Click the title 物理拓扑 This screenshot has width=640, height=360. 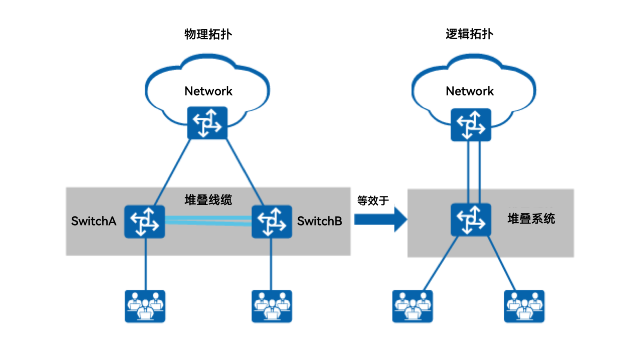[x=208, y=34]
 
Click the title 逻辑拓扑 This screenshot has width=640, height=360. [x=469, y=34]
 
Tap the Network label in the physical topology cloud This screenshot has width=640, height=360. [x=208, y=91]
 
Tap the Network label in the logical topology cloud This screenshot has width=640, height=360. [x=470, y=91]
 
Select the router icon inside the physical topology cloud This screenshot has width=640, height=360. [x=207, y=123]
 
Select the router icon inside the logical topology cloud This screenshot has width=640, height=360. [x=470, y=124]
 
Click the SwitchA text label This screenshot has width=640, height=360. [x=94, y=221]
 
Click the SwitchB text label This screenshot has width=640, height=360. [x=320, y=221]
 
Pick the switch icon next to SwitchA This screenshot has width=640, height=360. [x=144, y=222]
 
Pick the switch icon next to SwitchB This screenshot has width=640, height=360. [x=272, y=222]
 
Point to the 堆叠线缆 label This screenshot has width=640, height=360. [x=208, y=200]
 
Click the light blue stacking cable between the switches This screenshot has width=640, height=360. [x=208, y=221]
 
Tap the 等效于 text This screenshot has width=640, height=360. [x=373, y=200]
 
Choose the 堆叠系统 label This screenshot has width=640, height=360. [x=531, y=219]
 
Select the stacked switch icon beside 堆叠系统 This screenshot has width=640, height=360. [x=470, y=220]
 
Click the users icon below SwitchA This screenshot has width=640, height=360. [x=145, y=306]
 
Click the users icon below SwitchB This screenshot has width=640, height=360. [x=272, y=306]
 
